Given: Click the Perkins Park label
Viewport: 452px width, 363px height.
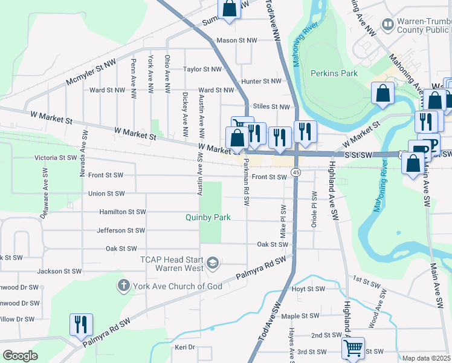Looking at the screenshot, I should tap(334, 73).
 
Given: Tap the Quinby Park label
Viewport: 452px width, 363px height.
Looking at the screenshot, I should tap(209, 217).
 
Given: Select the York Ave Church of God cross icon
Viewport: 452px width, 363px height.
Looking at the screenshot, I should tap(123, 284).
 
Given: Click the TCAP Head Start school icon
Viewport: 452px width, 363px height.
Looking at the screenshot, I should tap(212, 263).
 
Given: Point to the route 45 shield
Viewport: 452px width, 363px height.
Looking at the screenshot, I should tap(295, 172).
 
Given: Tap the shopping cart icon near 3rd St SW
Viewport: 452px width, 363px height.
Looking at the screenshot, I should tap(353, 347).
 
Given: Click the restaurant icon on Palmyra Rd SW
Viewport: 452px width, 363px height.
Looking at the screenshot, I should tap(80, 324).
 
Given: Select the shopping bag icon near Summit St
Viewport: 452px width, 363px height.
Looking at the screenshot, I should tap(229, 8).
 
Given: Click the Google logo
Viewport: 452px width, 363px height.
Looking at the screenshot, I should tap(20, 355).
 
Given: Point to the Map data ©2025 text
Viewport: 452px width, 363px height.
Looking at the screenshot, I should tap(426, 358).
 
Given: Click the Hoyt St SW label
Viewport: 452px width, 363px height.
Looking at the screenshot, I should tap(308, 289).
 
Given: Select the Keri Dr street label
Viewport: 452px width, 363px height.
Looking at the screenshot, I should tap(185, 347).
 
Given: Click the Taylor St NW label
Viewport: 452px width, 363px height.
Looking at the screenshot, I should tap(204, 70).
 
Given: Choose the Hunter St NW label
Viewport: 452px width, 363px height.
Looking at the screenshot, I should tap(261, 81).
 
